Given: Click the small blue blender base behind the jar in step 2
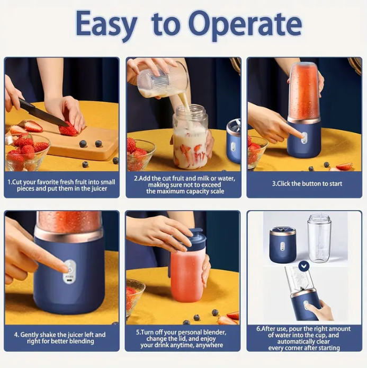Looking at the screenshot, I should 234,141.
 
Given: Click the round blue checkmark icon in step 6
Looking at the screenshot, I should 303,266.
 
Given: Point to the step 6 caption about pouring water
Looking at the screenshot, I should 304,338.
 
